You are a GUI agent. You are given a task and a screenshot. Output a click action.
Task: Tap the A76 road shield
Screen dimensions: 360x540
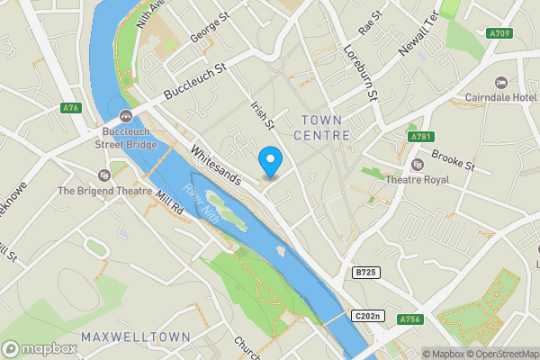[x=71, y=108]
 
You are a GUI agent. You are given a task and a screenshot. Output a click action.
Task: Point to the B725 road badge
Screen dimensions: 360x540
[x=364, y=271]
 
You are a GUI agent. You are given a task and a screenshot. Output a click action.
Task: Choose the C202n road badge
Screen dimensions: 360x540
[x=368, y=316]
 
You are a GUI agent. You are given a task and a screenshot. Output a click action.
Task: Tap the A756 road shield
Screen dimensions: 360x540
[x=410, y=319]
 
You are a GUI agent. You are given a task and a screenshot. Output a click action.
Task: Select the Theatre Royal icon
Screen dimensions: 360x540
[x=417, y=165]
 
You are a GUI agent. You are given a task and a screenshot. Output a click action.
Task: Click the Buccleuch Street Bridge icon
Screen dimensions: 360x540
[x=125, y=116]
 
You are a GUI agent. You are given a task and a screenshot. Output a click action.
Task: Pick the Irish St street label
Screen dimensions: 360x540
[x=261, y=118]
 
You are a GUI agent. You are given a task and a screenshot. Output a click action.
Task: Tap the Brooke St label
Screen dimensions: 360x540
[x=453, y=160]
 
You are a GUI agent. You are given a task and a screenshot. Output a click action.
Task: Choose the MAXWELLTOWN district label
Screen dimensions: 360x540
[x=135, y=337]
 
